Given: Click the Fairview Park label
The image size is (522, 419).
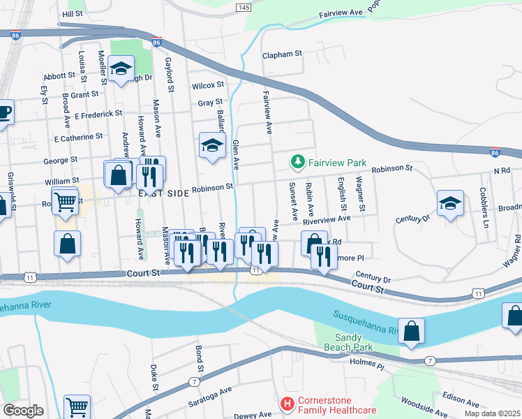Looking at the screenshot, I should pos(338,163).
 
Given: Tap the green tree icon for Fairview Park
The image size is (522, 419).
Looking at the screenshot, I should pos(298,163).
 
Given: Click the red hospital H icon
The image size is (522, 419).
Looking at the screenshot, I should pos(286,404).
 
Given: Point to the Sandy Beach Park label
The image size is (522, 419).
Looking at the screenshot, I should pos(349,342).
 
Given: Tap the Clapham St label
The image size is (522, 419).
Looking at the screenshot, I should pos(281,54).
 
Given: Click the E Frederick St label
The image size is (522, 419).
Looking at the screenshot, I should pos(98,112).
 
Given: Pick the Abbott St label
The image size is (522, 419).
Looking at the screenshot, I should pos(59,75).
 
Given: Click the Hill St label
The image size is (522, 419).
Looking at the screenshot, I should pos(73,14).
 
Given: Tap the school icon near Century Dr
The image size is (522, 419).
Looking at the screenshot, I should pos(450,202).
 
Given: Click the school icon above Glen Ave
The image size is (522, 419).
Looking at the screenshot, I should pos(213,145).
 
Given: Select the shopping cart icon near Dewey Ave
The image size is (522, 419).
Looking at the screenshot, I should pos(77,406).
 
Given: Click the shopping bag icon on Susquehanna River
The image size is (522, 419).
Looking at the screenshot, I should pos(412,331).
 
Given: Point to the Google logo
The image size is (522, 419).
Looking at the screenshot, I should pos(23,411).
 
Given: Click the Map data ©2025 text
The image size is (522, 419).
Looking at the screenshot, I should pos(492,413).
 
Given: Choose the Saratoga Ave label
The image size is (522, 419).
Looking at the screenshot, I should pos(209,399).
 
